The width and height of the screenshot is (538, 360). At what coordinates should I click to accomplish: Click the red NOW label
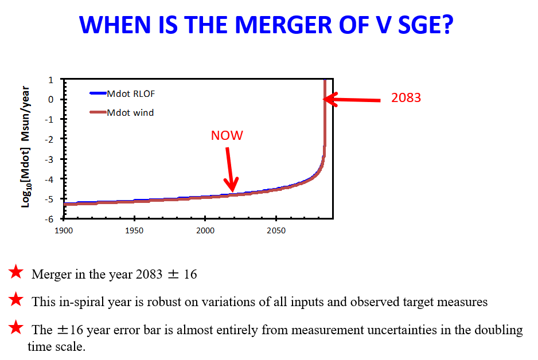(x=227, y=135)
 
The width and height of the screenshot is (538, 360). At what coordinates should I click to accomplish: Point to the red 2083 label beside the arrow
(x=406, y=97)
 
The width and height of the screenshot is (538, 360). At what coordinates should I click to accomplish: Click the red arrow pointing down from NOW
(x=230, y=170)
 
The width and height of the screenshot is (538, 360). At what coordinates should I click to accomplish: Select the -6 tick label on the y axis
(x=50, y=219)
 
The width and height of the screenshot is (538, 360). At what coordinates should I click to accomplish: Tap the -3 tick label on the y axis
(x=50, y=159)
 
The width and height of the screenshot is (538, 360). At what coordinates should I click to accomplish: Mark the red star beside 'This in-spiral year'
(x=16, y=300)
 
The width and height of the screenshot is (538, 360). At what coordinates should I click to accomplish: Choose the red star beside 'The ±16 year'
(x=16, y=328)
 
